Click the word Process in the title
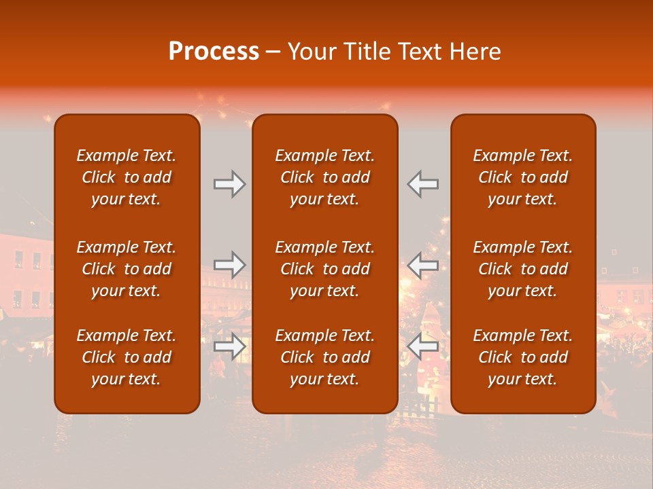(214, 52)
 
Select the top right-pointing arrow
(229, 184)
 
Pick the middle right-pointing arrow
(229, 265)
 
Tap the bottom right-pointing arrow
(229, 346)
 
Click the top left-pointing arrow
(422, 184)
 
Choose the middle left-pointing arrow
(422, 265)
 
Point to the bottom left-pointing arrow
(422, 346)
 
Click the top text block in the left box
(127, 177)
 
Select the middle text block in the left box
(127, 269)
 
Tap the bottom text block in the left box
(127, 357)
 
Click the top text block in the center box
(324, 177)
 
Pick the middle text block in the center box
(324, 269)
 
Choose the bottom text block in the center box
(324, 357)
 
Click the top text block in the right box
(522, 177)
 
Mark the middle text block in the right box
(522, 269)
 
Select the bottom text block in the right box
(522, 357)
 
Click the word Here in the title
(476, 52)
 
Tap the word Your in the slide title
(311, 52)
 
